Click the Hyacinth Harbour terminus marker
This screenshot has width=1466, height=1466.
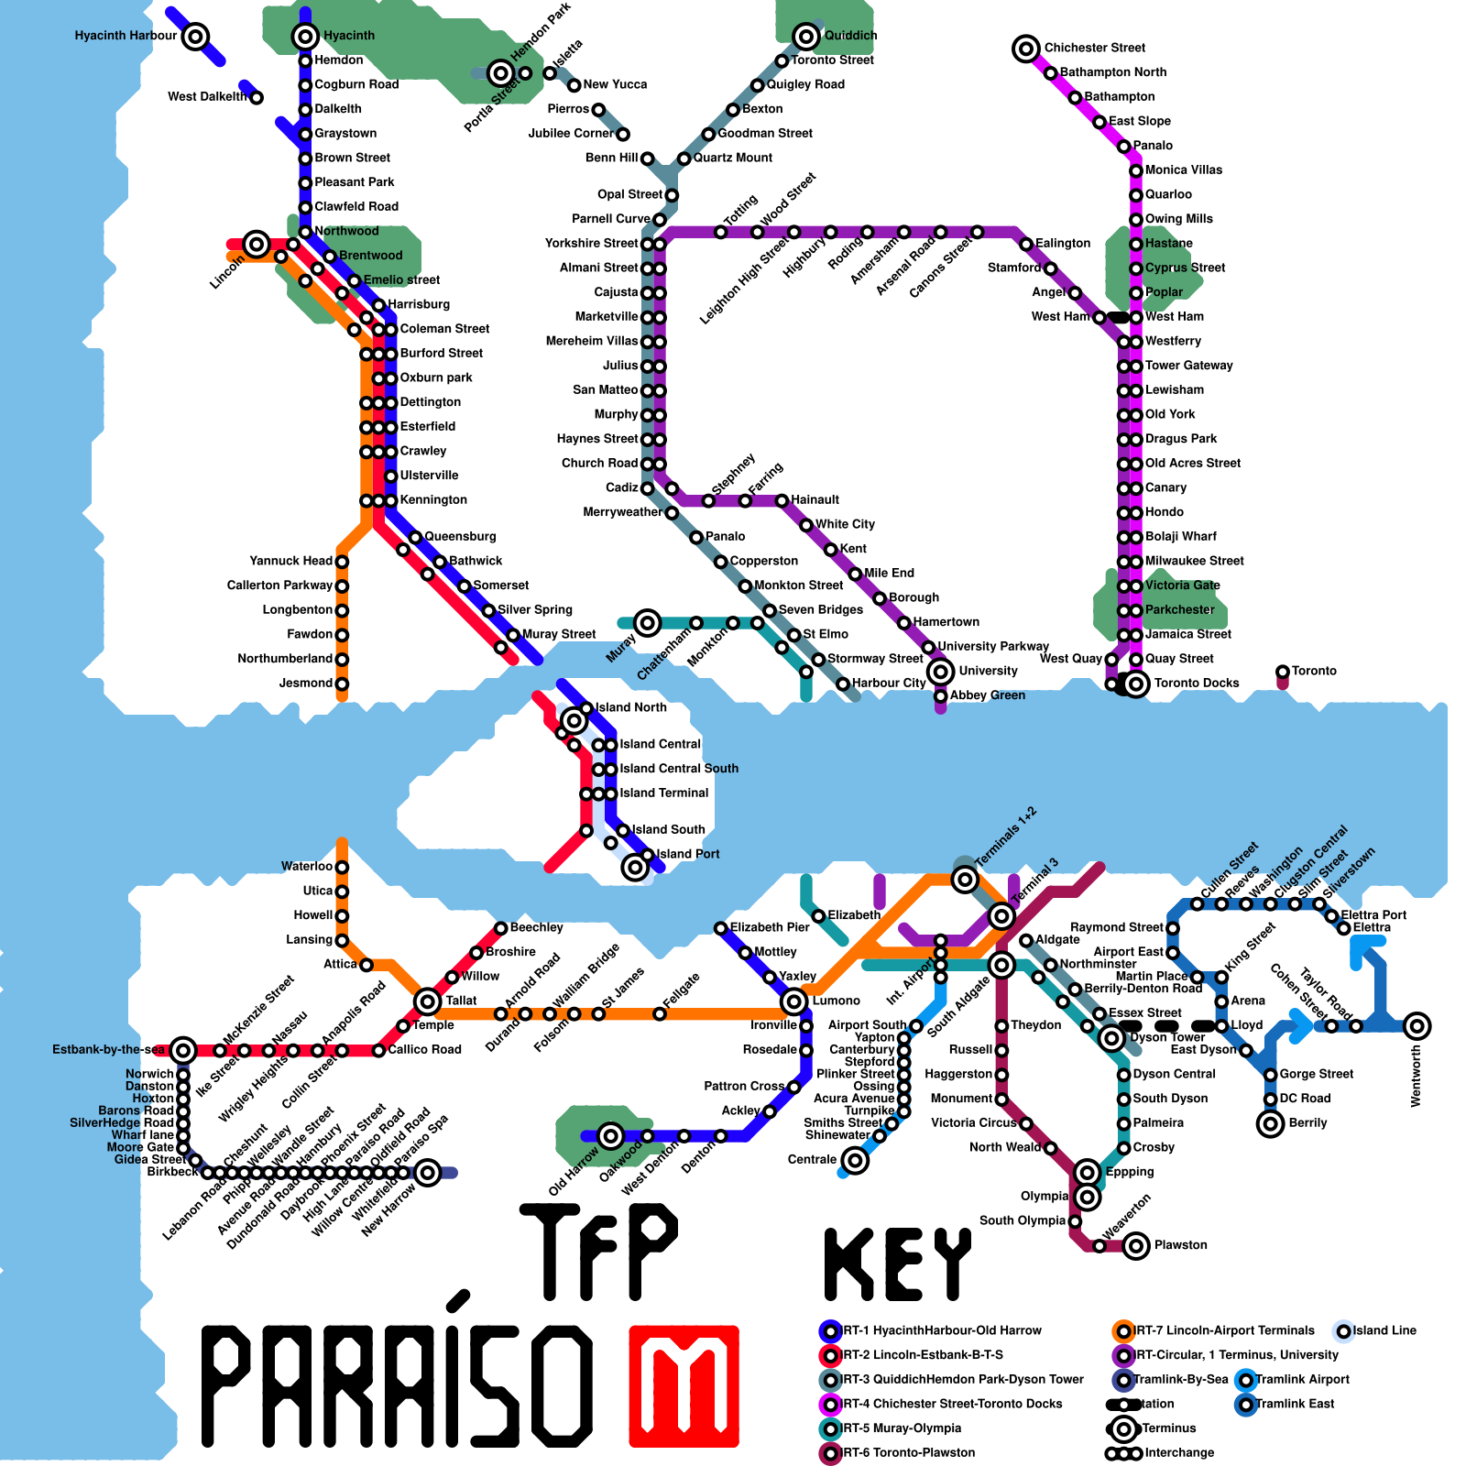tap(195, 37)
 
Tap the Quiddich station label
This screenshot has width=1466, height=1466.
tap(850, 36)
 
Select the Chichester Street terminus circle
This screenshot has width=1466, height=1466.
tap(1026, 49)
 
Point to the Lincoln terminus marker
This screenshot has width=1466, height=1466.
tap(257, 245)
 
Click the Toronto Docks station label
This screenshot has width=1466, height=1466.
tap(1196, 684)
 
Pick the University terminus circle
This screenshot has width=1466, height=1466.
tap(940, 672)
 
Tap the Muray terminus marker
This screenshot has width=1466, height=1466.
tap(647, 623)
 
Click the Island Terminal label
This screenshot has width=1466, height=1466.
tap(663, 793)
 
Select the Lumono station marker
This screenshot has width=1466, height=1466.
tap(794, 1001)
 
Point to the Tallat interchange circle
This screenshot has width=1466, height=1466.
tap(427, 1001)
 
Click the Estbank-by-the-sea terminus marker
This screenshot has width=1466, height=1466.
tap(183, 1050)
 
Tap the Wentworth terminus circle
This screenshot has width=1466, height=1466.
tap(1417, 1026)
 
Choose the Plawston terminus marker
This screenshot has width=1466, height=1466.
tap(1136, 1246)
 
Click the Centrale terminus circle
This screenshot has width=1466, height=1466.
tap(855, 1161)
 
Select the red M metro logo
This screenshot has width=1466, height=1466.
tap(684, 1385)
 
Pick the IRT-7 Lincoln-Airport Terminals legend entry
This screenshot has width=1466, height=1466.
tap(1223, 1330)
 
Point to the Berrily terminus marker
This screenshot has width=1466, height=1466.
tap(1270, 1123)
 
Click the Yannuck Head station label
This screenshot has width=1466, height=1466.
tap(290, 561)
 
